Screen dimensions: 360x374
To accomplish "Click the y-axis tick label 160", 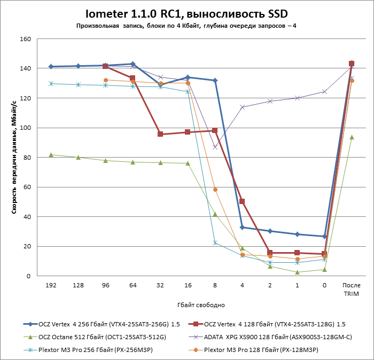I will coord(25,40).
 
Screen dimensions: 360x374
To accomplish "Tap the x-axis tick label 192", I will coord(51,286).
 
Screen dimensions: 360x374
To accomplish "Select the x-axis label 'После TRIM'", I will coord(351,289).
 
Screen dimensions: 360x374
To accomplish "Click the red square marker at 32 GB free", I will coord(160,134).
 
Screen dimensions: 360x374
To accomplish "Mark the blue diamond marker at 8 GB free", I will coord(215,80).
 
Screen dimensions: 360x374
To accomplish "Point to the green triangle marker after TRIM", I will coord(352,137).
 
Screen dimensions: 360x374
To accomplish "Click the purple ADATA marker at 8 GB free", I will coord(215,147).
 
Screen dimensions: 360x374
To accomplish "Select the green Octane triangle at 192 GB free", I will coord(51,154).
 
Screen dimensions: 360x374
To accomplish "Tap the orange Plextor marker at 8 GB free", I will coord(215,190).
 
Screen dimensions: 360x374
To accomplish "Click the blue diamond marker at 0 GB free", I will coord(324,237).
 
